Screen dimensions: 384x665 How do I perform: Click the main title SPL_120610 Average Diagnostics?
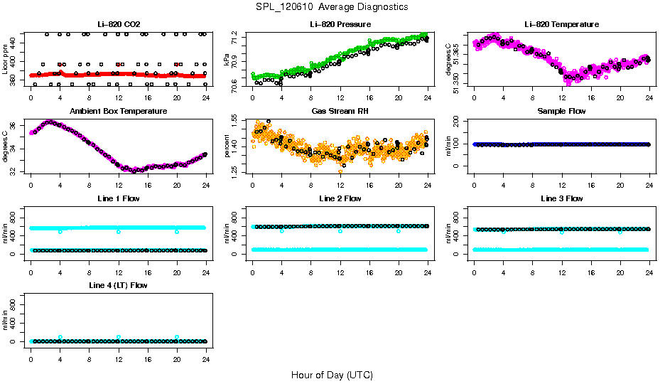[332, 6]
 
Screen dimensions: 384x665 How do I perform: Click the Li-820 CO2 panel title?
[119, 24]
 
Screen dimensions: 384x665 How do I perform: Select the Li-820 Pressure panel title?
[340, 24]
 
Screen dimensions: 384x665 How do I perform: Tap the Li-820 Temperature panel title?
[561, 24]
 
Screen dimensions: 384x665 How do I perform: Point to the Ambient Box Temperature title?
[119, 112]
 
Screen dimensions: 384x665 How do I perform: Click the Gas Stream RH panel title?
[340, 112]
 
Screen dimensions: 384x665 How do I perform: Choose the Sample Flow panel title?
[561, 112]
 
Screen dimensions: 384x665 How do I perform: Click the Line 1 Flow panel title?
[119, 198]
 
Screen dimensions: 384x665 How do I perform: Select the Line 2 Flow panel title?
[340, 198]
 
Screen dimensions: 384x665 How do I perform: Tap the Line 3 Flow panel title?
[561, 198]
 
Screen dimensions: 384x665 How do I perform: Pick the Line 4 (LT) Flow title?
[119, 285]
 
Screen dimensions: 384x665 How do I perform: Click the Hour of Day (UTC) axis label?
[332, 375]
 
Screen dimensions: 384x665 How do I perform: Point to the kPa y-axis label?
[227, 63]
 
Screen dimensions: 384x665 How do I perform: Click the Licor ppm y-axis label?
[5, 60]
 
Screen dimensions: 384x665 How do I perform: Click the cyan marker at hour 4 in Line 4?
[60, 337]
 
